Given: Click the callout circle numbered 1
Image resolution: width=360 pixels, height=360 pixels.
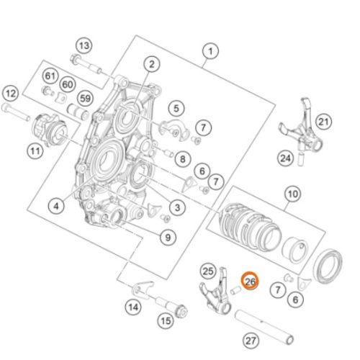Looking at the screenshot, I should click(210, 51).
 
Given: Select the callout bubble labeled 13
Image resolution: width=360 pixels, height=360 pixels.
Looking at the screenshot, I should click(84, 46).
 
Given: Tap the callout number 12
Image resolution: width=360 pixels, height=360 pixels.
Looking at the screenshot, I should click(10, 92).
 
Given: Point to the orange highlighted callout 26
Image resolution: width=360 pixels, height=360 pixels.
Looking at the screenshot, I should click(250, 282).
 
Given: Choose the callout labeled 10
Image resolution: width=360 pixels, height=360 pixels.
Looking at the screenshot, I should click(292, 194).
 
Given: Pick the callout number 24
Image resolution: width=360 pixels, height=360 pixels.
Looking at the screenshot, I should click(286, 157).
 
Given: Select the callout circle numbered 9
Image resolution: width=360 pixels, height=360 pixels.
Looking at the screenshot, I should click(167, 235).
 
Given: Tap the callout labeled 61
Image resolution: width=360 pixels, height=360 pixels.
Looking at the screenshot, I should click(50, 76).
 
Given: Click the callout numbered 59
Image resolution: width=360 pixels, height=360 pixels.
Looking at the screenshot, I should click(86, 98).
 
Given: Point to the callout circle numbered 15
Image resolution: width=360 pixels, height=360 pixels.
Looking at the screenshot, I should click(165, 321).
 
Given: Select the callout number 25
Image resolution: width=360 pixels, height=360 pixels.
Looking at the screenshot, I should click(209, 271).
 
